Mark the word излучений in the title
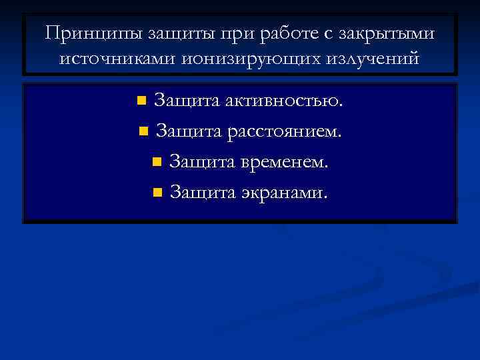(x=370, y=58)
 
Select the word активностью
(x=284, y=101)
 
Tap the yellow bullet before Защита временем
(x=157, y=162)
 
